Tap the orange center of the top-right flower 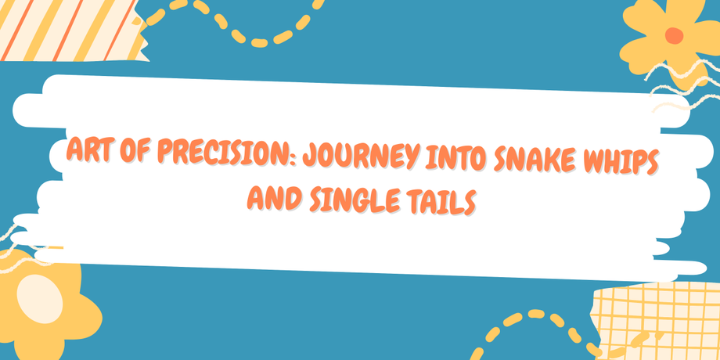(674, 35)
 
